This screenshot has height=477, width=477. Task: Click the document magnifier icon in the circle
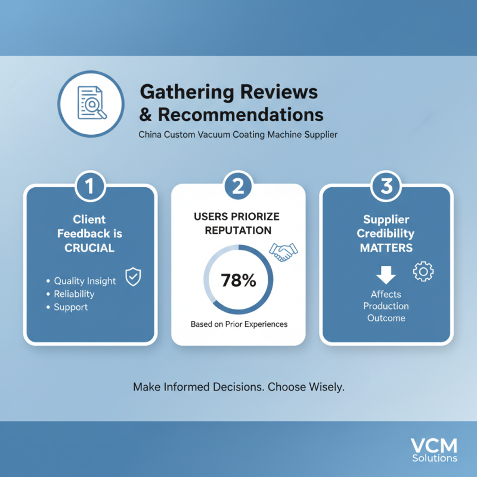click(x=92, y=103)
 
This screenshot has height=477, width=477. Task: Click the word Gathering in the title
click(x=187, y=92)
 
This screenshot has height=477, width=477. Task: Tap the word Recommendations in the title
click(x=241, y=114)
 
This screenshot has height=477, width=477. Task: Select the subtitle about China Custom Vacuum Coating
click(x=238, y=135)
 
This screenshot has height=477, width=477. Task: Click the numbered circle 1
click(x=90, y=186)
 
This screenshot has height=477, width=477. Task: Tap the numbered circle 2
click(x=238, y=186)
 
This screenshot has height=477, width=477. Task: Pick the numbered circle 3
click(x=386, y=186)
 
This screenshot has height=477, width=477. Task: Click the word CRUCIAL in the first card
click(x=89, y=248)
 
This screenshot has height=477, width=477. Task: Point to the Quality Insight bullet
click(x=81, y=281)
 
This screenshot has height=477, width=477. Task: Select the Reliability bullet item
click(x=70, y=294)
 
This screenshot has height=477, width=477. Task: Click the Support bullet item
click(x=67, y=307)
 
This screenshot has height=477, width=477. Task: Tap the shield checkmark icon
click(x=133, y=277)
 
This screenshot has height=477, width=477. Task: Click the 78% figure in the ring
click(x=238, y=280)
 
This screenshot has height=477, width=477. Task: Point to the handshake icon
click(x=284, y=252)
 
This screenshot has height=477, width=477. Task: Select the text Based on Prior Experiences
click(x=239, y=324)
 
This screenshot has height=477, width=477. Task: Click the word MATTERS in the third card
click(x=386, y=248)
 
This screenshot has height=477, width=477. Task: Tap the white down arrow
click(x=386, y=275)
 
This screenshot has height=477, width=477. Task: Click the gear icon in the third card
click(x=423, y=271)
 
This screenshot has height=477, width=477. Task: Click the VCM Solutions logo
click(x=434, y=450)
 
